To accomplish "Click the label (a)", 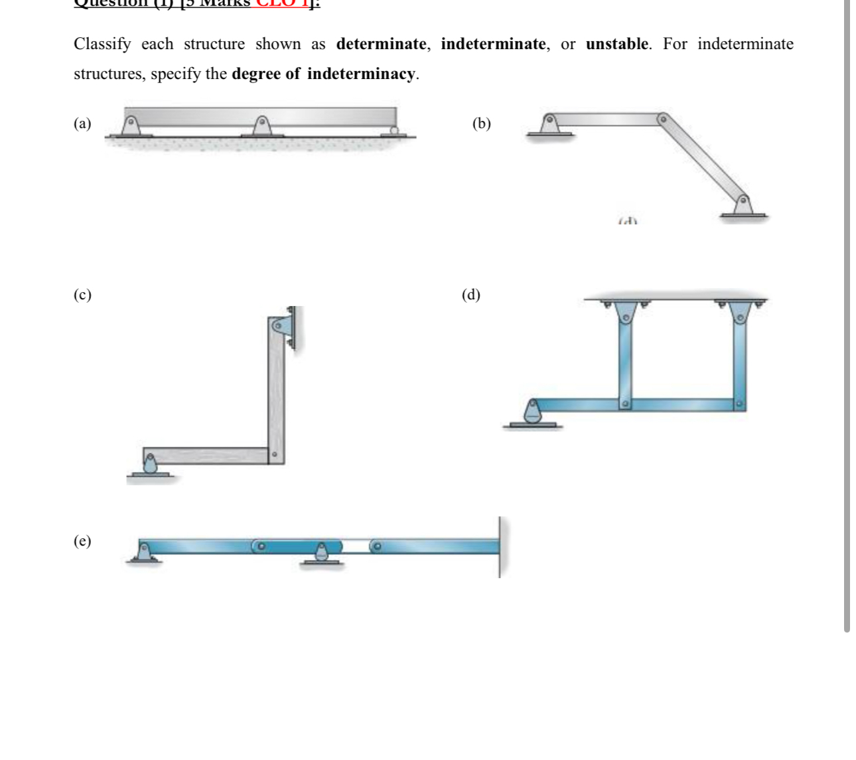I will (82, 123).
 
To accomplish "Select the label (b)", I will (481, 123).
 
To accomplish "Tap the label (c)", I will (82, 295).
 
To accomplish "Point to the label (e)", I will (82, 541).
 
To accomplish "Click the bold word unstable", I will (617, 44).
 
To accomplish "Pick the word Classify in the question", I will (102, 44).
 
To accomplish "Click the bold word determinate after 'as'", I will (382, 44).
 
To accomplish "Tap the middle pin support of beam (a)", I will (263, 126).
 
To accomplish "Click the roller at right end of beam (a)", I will (395, 130).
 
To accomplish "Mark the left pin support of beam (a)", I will (131, 126).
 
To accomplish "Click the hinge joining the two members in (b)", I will (661, 119).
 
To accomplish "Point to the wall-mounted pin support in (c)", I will (282, 326).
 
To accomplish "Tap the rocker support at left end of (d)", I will (532, 414).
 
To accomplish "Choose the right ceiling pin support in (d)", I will (739, 312).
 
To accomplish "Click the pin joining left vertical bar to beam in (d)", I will (624, 404).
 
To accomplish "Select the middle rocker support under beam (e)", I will (321, 553).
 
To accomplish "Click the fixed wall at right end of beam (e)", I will (500, 547).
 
